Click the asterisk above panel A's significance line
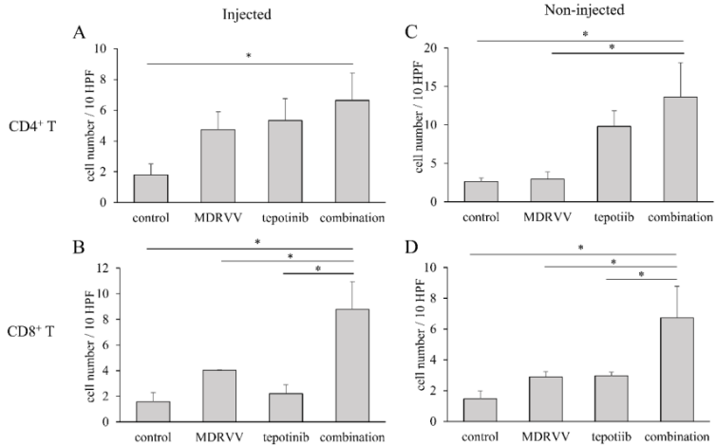248,56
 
